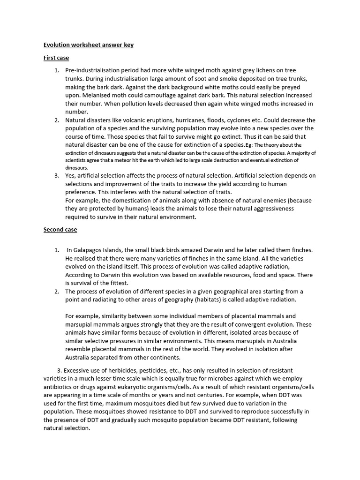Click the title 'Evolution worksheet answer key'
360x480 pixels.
pos(89,45)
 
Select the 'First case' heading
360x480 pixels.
pos(56,58)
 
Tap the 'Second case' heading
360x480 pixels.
pos(60,230)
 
